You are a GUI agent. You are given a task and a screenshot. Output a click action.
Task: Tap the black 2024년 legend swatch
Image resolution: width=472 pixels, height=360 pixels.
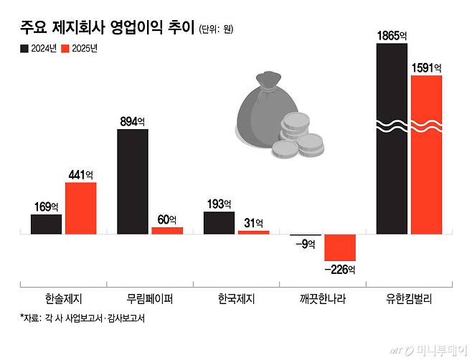click(x=24, y=49)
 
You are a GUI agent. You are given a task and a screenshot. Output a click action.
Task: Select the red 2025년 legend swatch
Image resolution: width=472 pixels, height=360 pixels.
click(x=65, y=49)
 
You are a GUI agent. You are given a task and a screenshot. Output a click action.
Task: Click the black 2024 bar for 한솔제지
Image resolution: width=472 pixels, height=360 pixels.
click(x=46, y=224)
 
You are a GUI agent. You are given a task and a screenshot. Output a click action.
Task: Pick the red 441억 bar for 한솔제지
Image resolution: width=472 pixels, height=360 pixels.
click(x=80, y=208)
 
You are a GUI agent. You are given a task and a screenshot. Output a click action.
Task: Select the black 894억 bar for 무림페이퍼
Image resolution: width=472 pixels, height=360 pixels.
click(x=133, y=181)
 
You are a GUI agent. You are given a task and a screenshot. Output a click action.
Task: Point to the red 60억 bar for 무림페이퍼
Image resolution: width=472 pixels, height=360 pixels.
click(x=167, y=230)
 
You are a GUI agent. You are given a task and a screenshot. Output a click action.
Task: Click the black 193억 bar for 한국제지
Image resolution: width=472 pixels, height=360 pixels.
click(x=220, y=222)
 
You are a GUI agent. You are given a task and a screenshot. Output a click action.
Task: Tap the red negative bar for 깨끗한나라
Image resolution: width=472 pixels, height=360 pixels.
click(x=340, y=247)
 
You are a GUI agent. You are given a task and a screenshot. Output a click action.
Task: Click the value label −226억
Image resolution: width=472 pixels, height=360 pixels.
click(x=340, y=270)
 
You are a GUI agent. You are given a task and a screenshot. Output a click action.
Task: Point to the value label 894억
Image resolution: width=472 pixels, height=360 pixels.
click(x=133, y=122)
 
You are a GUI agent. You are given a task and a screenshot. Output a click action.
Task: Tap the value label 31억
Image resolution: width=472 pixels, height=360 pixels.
click(x=253, y=222)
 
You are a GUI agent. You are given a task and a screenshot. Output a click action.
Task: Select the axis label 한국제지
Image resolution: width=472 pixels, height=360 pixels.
click(x=236, y=299)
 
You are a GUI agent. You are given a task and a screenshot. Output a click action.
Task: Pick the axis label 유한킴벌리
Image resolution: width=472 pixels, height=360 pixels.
click(x=410, y=299)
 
